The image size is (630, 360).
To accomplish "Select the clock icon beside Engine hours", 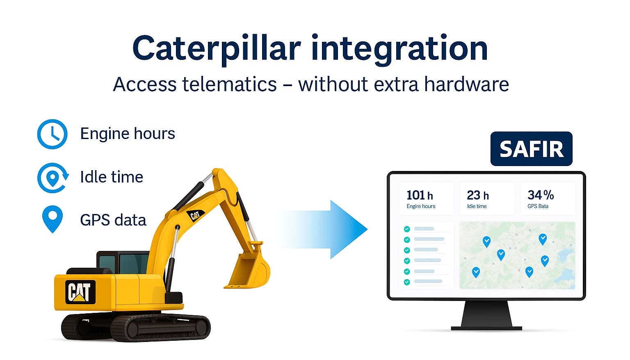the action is [52, 134].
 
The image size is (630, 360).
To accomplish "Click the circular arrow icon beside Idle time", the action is [52, 178].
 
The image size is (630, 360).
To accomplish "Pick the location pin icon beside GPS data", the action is [52, 219].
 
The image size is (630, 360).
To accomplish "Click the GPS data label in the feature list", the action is [113, 220].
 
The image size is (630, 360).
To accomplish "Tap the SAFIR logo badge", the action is [531, 149].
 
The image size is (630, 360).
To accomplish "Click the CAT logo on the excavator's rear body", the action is [80, 292].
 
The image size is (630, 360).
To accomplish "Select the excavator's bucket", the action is [247, 269].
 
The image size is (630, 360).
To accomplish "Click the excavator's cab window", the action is [132, 263].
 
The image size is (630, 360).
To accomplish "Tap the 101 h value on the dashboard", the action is [420, 195].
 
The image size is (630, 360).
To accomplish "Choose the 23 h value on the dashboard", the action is [478, 195].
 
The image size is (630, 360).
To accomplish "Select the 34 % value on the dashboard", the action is [541, 195].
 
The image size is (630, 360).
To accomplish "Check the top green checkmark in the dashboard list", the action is [407, 229].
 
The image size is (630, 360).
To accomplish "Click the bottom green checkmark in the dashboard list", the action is [407, 282].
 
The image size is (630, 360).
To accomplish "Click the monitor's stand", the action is [486, 315].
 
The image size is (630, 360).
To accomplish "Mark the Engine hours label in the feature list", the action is [128, 134].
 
